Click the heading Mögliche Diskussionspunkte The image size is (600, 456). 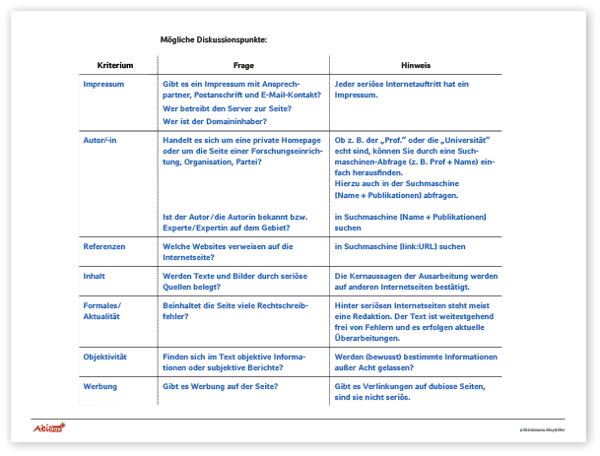click(214, 40)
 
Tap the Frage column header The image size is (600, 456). click(243, 65)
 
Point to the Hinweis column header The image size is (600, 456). click(415, 65)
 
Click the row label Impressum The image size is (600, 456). click(103, 85)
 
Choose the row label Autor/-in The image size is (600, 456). click(102, 141)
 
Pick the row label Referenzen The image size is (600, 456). click(104, 246)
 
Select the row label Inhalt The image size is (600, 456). click(96, 277)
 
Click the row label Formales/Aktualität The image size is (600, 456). click(102, 311)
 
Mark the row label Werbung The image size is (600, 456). click(100, 386)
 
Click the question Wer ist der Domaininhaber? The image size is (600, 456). click(214, 122)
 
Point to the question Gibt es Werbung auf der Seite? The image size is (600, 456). click(222, 386)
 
